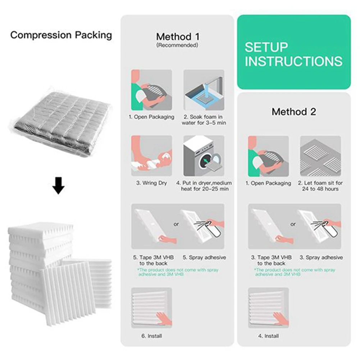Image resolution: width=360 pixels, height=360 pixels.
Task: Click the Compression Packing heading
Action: (x=61, y=35)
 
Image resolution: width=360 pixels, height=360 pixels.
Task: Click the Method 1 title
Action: (x=177, y=37)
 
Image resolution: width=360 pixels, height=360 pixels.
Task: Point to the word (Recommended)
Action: (x=177, y=46)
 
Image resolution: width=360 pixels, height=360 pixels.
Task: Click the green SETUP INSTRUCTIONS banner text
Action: (x=293, y=54)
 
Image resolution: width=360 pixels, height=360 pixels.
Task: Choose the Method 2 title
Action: (x=293, y=111)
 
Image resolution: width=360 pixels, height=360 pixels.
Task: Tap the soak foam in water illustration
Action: (x=204, y=90)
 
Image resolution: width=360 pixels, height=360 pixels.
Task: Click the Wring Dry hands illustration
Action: (x=151, y=156)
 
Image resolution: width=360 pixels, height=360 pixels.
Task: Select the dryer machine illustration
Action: (x=204, y=156)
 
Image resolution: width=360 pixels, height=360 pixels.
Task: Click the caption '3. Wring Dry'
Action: (x=151, y=183)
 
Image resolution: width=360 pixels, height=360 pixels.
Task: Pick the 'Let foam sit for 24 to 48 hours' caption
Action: (x=320, y=186)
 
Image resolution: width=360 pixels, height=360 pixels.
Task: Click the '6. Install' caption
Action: (x=151, y=336)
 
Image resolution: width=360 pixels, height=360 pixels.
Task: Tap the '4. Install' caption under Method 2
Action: (x=268, y=336)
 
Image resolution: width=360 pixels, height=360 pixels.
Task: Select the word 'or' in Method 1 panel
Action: (x=176, y=224)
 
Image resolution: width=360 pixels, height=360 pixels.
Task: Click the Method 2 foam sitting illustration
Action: (x=320, y=156)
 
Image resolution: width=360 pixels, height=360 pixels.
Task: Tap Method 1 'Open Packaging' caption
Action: (x=151, y=117)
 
